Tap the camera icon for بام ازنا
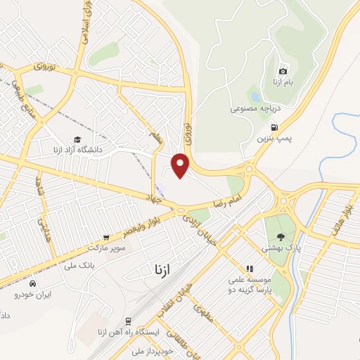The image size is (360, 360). click(283, 71)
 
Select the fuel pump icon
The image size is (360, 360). click(274, 127)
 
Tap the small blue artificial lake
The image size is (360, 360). click(254, 96)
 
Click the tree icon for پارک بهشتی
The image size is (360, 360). click(282, 237)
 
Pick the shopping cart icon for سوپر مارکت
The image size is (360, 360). click(106, 238)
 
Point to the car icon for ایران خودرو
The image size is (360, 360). click(32, 283)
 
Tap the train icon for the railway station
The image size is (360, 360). click(128, 319)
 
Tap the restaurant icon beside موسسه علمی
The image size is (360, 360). click(249, 269)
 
